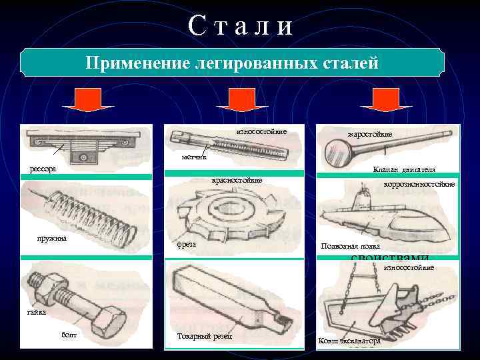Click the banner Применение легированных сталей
coord(232,64)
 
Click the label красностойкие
coord(237,180)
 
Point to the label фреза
coord(186,244)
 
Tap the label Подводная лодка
coord(351,246)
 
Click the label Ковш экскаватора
coord(350,341)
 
